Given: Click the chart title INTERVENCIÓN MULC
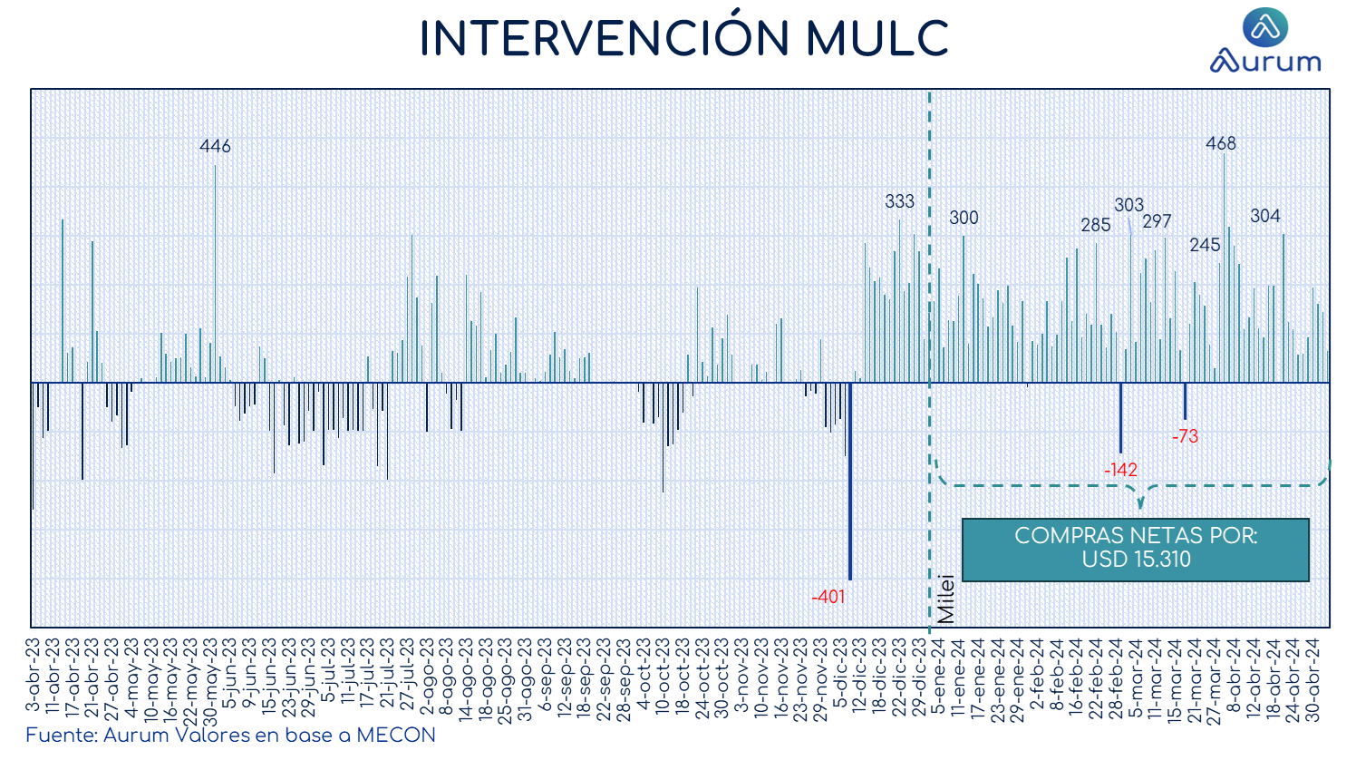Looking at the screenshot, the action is (684, 37).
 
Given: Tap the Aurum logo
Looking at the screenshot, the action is (1265, 40).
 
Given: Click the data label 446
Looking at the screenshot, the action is (215, 146).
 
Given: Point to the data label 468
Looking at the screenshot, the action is (1220, 143).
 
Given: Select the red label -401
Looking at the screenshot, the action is (828, 597).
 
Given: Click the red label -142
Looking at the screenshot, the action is (1120, 470).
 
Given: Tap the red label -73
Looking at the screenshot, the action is (1185, 436).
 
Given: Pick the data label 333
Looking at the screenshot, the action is (899, 201).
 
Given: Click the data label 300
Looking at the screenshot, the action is (964, 218).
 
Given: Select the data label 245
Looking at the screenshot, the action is (1205, 245).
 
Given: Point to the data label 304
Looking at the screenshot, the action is (1265, 216).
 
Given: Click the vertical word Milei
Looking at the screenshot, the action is (945, 599).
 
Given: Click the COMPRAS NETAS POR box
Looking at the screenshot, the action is (1136, 550).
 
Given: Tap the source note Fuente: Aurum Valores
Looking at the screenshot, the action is (230, 736).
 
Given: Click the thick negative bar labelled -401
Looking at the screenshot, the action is (850, 482).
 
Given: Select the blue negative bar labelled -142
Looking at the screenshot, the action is (1120, 418).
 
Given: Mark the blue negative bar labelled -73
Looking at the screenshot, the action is (1185, 401).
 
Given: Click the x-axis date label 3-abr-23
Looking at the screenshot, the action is (33, 675).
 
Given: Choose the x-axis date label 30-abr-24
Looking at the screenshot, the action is (1312, 680).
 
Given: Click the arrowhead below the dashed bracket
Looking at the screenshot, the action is (1140, 502).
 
